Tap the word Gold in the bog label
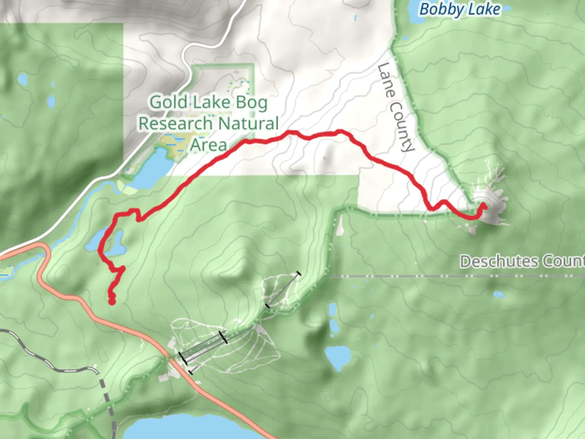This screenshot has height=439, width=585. click(168, 102)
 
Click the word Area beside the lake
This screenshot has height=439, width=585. click(208, 145)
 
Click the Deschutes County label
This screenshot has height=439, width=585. click(522, 261)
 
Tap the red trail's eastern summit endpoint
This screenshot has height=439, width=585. click(484, 206)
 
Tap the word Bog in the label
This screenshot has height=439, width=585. click(251, 102)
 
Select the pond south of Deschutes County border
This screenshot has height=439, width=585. click(498, 294)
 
